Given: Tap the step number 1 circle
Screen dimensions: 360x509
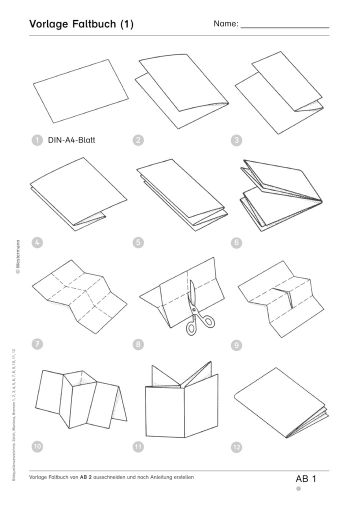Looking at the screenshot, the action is (x=37, y=140).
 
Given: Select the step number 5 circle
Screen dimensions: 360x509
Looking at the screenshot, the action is (x=138, y=242).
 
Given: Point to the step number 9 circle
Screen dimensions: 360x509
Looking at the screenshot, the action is (x=236, y=345).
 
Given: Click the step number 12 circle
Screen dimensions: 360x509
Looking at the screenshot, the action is (x=236, y=447).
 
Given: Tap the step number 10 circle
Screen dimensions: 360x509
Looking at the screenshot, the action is (x=37, y=446).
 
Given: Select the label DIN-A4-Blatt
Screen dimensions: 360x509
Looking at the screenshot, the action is (x=71, y=140).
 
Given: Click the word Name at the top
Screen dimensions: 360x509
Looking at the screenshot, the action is (x=226, y=23).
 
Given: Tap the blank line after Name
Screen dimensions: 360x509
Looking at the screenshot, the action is (x=284, y=28).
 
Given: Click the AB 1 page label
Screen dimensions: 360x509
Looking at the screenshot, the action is (x=306, y=479).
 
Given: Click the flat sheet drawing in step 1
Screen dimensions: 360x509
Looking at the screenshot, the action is (x=81, y=91).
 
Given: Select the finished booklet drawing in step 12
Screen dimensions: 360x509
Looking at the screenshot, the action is (x=281, y=402).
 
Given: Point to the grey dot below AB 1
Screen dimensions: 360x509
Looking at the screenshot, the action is (x=298, y=489).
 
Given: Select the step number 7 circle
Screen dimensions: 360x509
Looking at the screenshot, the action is (x=37, y=344).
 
